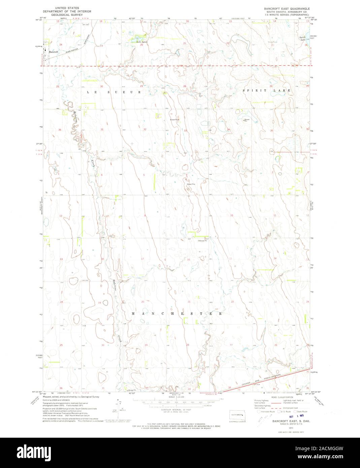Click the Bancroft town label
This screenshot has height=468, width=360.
[x=54, y=52]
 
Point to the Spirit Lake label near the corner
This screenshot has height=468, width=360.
[x=303, y=38]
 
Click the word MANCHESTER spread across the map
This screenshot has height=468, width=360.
[x=176, y=313]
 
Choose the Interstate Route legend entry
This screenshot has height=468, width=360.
[x=267, y=411]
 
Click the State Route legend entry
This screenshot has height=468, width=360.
[x=301, y=411]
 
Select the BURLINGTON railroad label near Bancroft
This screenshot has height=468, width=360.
[x=73, y=49]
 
